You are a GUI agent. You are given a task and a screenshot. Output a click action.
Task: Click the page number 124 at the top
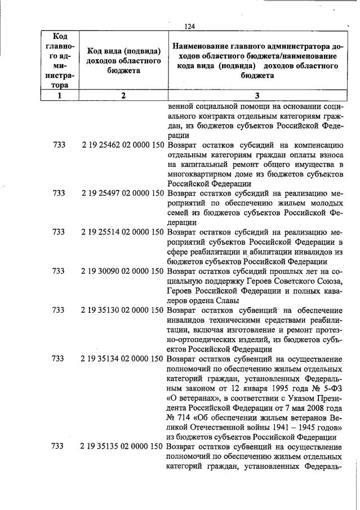click(189, 26)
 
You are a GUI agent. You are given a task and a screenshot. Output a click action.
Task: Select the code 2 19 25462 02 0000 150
click(123, 145)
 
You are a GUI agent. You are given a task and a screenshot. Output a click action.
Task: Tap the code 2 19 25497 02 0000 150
click(123, 193)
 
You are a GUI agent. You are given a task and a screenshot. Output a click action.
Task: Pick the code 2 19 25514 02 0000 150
click(123, 232)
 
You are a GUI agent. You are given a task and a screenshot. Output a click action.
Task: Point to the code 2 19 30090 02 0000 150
click(123, 270)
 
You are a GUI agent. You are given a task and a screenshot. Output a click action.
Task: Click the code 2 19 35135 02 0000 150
click(123, 446)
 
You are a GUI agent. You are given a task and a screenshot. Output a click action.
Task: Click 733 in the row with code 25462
click(59, 145)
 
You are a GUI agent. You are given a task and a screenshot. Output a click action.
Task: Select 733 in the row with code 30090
click(59, 270)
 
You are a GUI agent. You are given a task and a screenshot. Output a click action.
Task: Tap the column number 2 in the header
click(123, 95)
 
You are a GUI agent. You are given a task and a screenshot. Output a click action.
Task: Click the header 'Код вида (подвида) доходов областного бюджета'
click(123, 61)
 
